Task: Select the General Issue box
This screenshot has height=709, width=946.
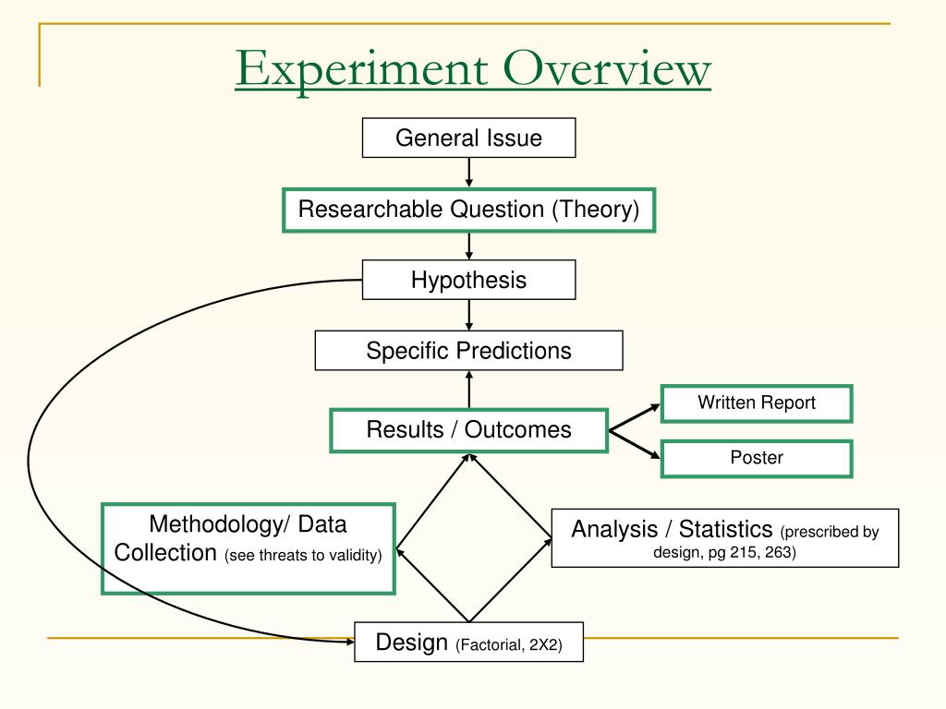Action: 468,138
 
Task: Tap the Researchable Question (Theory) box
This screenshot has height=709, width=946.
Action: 468,210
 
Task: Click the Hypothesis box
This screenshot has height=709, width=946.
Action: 468,280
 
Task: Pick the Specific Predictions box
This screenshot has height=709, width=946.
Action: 468,351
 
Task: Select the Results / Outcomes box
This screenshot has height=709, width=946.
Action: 468,429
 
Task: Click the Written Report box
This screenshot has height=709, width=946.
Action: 756,403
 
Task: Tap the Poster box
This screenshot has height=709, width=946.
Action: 756,458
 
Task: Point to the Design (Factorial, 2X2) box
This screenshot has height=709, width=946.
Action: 468,643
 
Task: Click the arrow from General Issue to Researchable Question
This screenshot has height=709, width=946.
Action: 469,173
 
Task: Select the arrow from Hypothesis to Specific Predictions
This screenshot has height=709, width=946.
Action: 469,315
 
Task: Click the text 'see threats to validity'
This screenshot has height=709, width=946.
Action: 303,556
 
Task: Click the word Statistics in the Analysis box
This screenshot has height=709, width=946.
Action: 725,529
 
